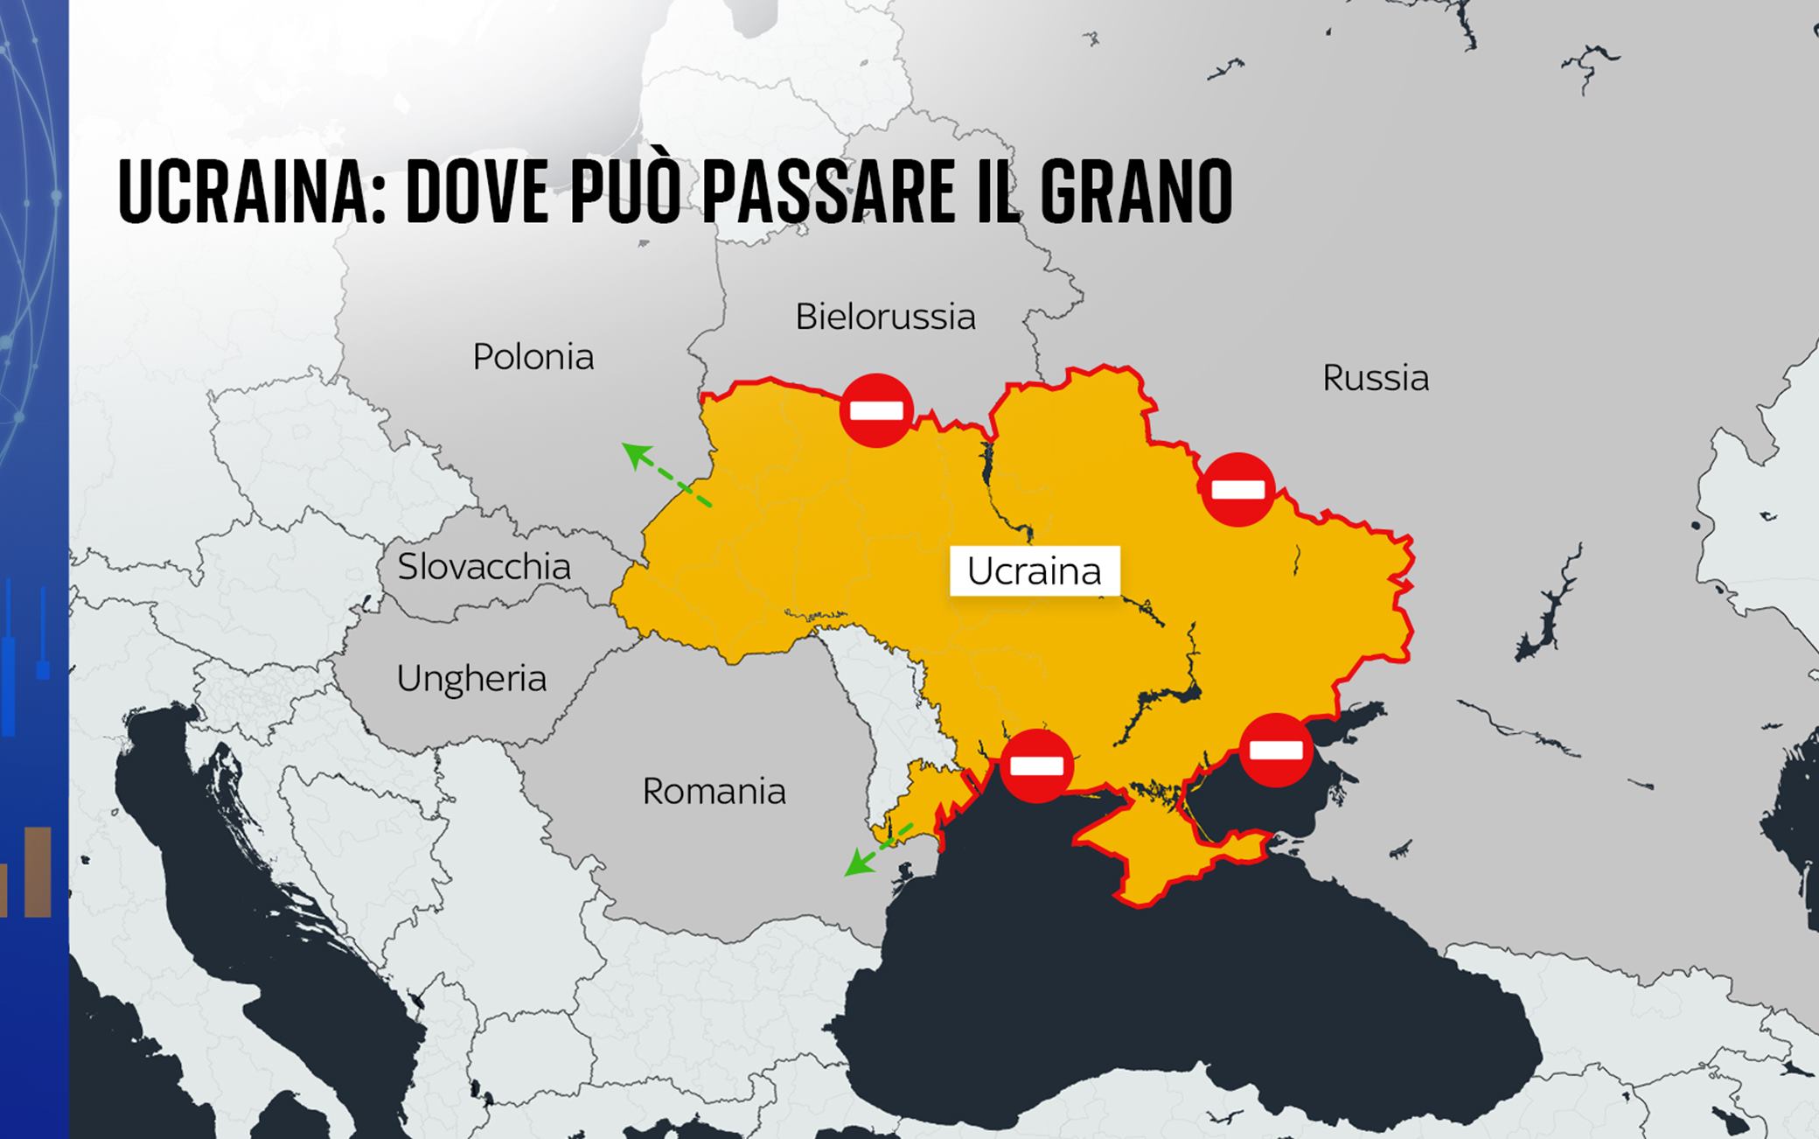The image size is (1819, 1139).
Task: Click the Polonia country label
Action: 533,357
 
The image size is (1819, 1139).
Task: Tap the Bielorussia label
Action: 885,317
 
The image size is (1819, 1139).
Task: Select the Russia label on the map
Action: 1376,378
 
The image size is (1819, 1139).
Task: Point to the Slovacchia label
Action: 484,567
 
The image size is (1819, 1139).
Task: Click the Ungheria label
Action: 471,679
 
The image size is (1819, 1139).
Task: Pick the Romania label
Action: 714,792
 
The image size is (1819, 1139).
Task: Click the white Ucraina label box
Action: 1035,571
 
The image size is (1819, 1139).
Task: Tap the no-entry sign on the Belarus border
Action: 876,410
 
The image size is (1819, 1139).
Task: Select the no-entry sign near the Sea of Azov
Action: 1276,750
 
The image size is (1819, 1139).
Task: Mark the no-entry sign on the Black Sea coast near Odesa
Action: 1036,765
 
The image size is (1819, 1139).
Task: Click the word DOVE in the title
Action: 477,192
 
